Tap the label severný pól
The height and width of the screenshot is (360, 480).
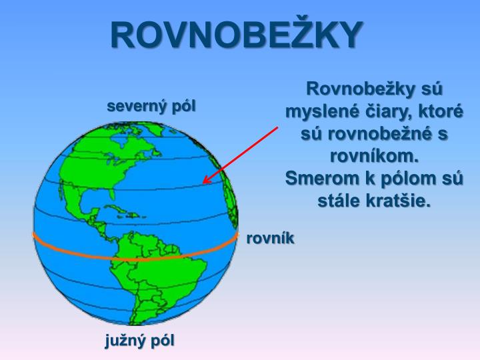click(152, 106)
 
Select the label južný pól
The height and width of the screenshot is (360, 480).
click(140, 340)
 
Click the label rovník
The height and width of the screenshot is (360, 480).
click(270, 238)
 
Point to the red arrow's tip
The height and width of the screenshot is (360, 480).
click(204, 182)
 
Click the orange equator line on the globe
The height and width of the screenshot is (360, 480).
click(133, 256)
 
